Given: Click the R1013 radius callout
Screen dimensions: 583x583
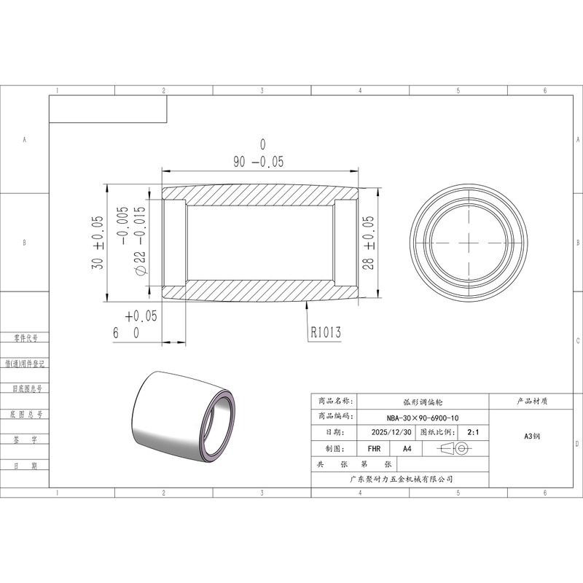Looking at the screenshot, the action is [326, 332].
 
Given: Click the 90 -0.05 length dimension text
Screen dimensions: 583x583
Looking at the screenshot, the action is [259, 154].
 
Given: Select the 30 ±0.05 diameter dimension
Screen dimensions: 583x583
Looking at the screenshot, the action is [97, 243].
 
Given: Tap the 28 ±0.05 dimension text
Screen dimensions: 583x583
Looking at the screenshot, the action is [368, 243].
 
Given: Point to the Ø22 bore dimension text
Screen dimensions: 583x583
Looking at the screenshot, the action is [132, 241].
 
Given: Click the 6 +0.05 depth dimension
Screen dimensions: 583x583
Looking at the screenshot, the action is [136, 324].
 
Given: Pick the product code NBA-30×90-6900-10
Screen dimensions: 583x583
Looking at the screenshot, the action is [423, 418].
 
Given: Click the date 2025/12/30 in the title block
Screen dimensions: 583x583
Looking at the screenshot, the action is [391, 432].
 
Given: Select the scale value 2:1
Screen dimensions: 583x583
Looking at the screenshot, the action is [473, 432].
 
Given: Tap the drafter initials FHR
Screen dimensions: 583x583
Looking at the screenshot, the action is [374, 449].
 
